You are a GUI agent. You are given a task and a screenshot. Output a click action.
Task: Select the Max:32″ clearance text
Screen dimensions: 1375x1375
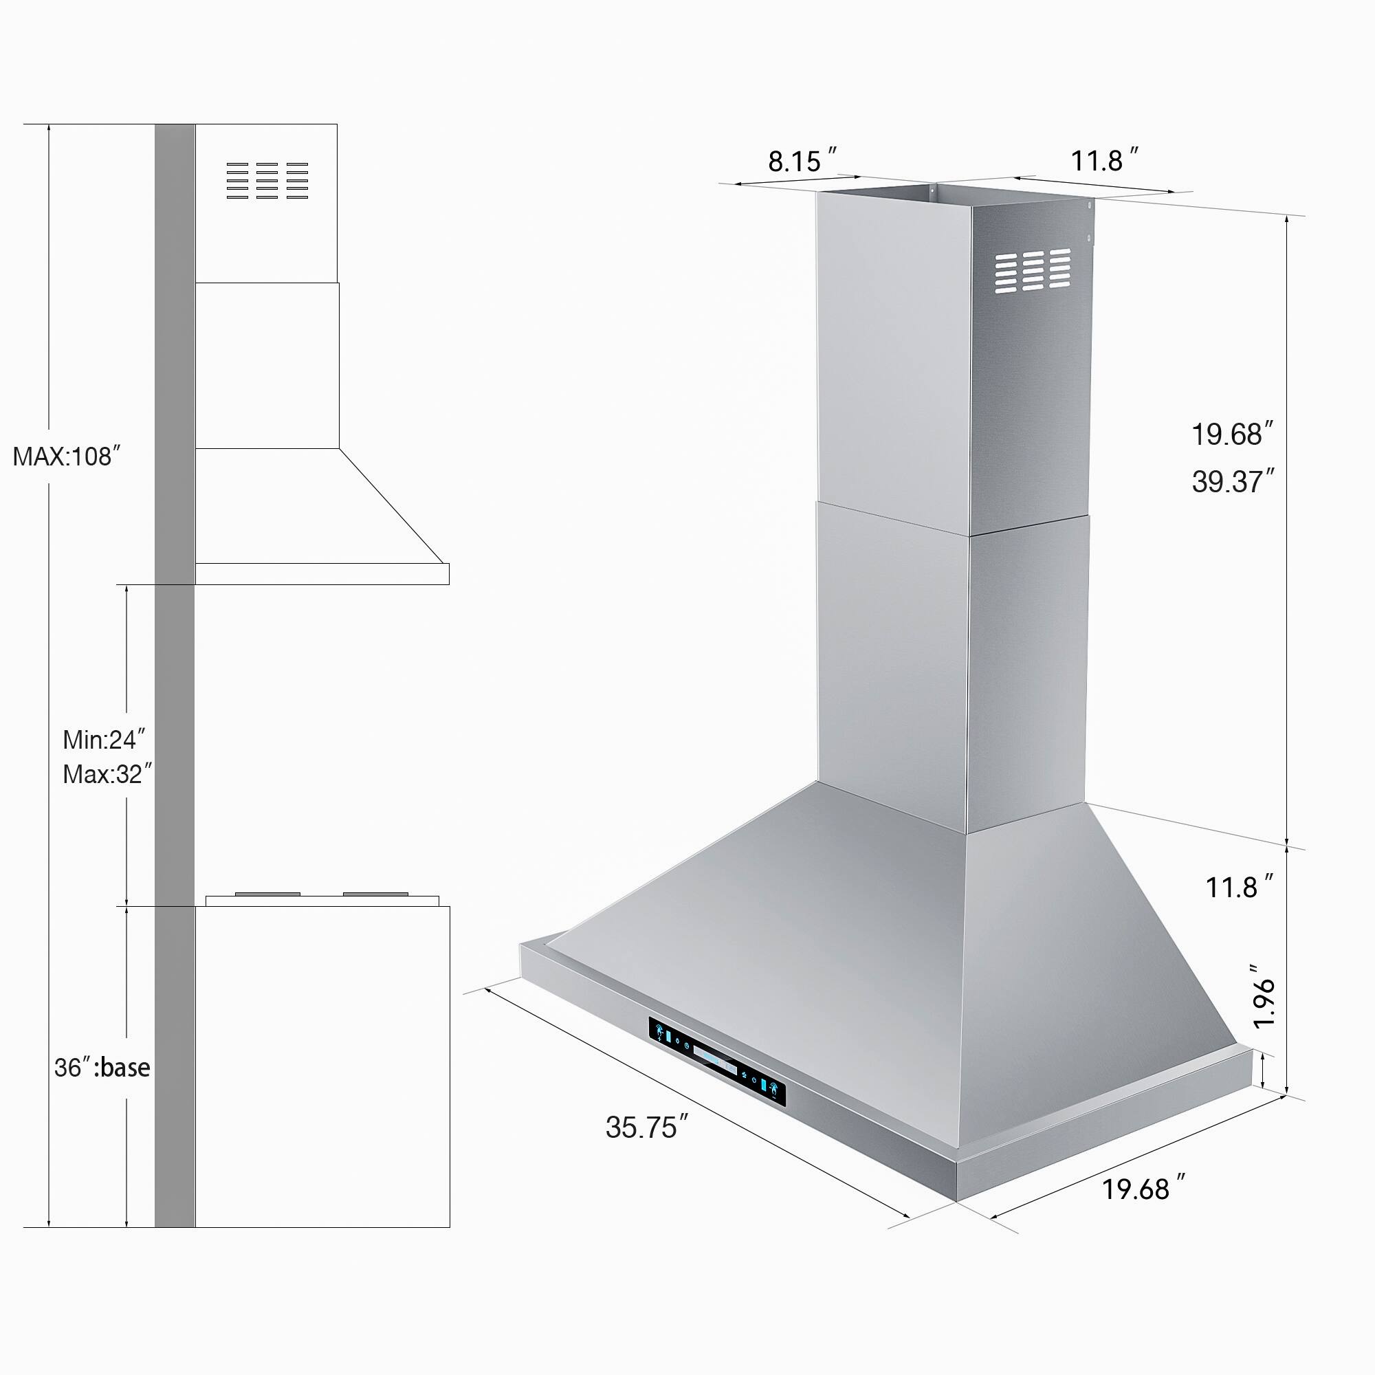coord(107,773)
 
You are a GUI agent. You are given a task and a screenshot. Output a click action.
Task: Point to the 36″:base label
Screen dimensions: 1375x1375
coord(102,1068)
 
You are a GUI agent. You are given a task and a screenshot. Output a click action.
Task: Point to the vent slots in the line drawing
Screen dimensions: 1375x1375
coord(267,180)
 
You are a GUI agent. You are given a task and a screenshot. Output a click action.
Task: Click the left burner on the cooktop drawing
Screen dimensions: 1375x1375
coord(267,894)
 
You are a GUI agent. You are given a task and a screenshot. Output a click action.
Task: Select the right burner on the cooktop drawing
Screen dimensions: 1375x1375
coord(375,894)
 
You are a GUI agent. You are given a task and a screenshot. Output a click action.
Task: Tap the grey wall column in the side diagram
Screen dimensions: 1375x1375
coord(175,641)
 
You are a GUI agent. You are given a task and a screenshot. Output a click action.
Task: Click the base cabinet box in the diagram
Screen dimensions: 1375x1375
coord(322,1068)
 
